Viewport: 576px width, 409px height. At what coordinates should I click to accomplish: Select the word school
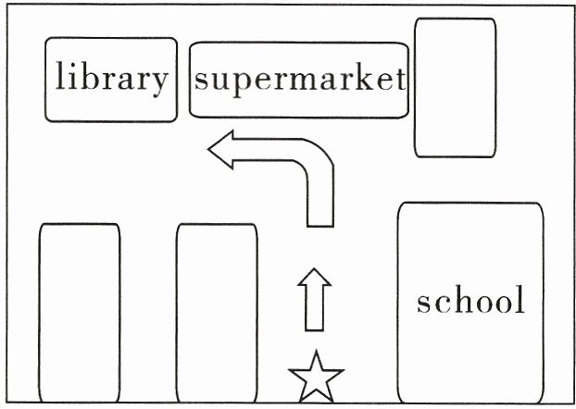coord(470,299)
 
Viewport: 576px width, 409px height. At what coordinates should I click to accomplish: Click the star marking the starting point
coord(317,378)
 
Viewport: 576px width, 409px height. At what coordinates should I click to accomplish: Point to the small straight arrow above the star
coord(315,300)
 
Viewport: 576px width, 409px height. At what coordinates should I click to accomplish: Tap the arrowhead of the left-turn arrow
coord(220,149)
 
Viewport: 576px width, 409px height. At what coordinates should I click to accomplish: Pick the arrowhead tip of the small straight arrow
coord(315,268)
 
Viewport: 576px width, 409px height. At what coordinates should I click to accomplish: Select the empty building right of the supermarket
coord(455,88)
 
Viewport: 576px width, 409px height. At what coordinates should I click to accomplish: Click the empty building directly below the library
coord(80,313)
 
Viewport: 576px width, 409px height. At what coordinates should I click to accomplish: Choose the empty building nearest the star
coord(217,313)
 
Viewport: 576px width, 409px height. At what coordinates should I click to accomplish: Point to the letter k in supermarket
coord(365,78)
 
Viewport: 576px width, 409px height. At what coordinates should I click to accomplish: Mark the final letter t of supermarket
coord(401,80)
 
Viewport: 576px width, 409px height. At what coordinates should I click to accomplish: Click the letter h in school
coord(453,299)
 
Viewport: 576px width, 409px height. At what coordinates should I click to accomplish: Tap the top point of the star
coord(317,351)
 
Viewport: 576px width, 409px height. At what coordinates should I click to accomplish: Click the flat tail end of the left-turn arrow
coord(320,227)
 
